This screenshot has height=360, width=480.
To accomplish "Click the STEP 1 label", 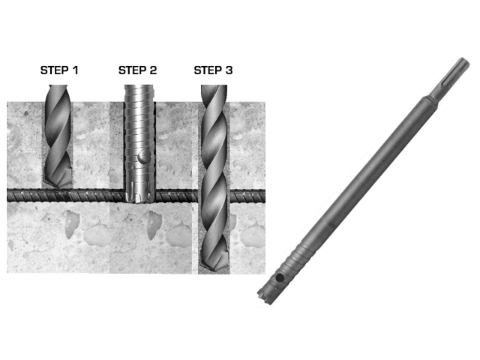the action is (59, 70).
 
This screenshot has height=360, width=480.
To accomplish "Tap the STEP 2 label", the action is (137, 70).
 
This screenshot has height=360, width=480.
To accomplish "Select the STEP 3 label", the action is (213, 70).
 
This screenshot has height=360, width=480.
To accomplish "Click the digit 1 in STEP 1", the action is (75, 70).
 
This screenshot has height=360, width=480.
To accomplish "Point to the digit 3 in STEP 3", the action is (229, 70).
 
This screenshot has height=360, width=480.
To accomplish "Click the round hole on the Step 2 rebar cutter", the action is (143, 157).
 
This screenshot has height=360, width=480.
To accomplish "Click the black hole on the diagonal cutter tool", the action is (280, 278).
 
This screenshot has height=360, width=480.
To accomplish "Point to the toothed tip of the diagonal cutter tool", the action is (265, 295).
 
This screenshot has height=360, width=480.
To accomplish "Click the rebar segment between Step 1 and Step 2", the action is (98, 196).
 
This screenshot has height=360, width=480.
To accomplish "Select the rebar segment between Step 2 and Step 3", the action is (177, 196).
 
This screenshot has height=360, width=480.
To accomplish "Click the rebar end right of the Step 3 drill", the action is (247, 196).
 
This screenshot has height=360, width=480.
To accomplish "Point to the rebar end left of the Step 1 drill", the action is (25, 196).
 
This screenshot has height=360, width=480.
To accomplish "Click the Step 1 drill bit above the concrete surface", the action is (58, 93).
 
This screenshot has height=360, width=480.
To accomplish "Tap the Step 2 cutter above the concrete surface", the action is (139, 93).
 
